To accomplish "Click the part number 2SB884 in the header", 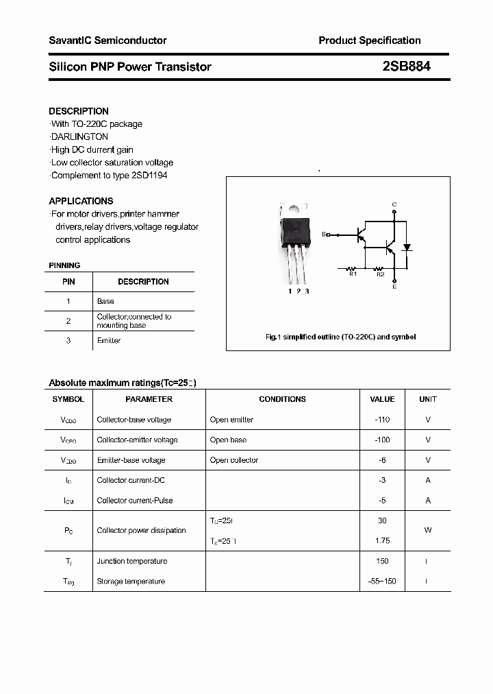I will [x=406, y=67].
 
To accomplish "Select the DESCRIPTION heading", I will [x=79, y=111].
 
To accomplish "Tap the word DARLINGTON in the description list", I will [x=79, y=136].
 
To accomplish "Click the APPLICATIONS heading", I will [x=81, y=201].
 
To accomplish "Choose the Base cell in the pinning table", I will [x=105, y=301].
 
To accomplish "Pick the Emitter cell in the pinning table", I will [x=109, y=341].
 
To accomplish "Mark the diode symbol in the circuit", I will [x=407, y=247].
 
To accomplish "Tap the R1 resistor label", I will [x=353, y=274].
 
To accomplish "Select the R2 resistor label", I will [x=380, y=274].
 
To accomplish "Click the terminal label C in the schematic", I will [x=394, y=204].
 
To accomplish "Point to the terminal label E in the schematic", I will [x=394, y=287].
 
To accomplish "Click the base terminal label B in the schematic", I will [x=324, y=235].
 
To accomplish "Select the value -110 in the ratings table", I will [x=382, y=420].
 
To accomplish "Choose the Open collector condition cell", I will [x=234, y=460].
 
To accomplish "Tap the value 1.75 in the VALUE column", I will [x=382, y=541].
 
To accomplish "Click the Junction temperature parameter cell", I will [x=131, y=561].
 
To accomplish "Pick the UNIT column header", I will [x=428, y=399].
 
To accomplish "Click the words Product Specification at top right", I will [x=369, y=40].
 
